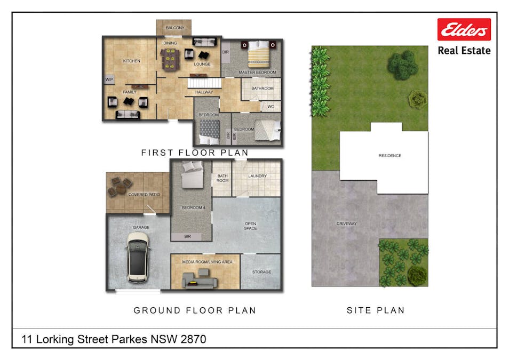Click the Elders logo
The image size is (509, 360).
tap(464, 29)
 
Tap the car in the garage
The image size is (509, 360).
tap(138, 257)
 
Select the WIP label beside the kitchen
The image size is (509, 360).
tap(109, 79)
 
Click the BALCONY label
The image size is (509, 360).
tap(175, 28)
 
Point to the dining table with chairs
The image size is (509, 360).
tap(170, 59)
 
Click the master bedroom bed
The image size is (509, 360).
tap(259, 53)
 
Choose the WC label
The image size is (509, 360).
tap(271, 107)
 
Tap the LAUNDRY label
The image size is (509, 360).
tap(257, 176)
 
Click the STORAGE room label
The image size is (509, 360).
tap(261, 272)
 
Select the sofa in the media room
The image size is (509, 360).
tap(200, 281)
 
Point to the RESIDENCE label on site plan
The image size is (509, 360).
tap(390, 156)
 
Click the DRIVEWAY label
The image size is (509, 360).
tap(347, 223)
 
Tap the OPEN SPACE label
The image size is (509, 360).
tap(250, 226)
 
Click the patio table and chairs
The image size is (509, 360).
tap(120, 187)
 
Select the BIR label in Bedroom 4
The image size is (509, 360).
tap(188, 237)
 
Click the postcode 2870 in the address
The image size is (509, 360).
tap(194, 340)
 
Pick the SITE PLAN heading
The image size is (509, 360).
tap(376, 310)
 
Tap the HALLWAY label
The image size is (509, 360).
tap(204, 92)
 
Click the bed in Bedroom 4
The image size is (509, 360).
tap(193, 175)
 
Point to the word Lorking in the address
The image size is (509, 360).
tap(55, 340)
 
